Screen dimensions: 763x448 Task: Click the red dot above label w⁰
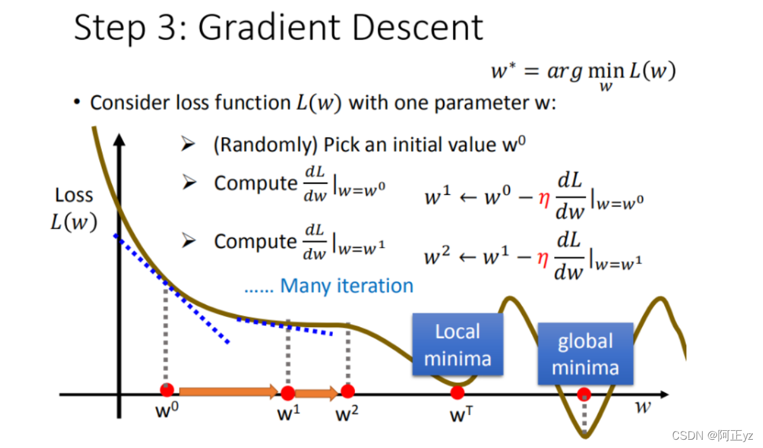167,389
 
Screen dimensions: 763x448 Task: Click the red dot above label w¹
288,393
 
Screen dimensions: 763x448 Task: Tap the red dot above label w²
348,391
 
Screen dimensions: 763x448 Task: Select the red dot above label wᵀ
457,393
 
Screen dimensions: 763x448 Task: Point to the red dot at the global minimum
585,394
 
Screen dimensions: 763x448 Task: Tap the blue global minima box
585,354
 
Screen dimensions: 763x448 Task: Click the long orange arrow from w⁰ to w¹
228,392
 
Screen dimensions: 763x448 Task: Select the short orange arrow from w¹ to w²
316,394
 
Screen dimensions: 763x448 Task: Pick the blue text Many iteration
347,286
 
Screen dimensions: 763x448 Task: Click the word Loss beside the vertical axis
74,196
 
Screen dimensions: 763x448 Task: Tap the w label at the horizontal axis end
643,406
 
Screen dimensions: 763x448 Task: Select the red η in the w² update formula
542,258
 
